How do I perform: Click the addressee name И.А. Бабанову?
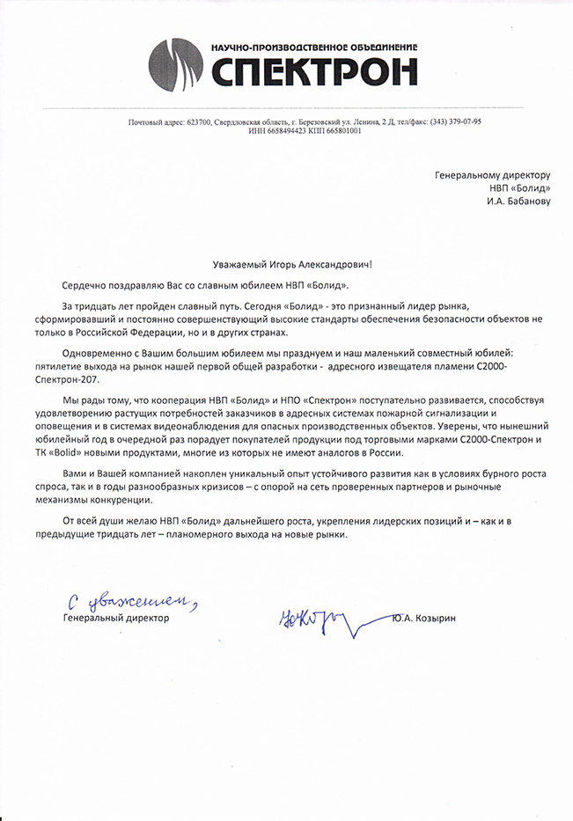pyautogui.click(x=518, y=202)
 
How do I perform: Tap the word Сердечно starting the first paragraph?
pyautogui.click(x=85, y=285)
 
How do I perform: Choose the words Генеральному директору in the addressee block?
pyautogui.click(x=492, y=175)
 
